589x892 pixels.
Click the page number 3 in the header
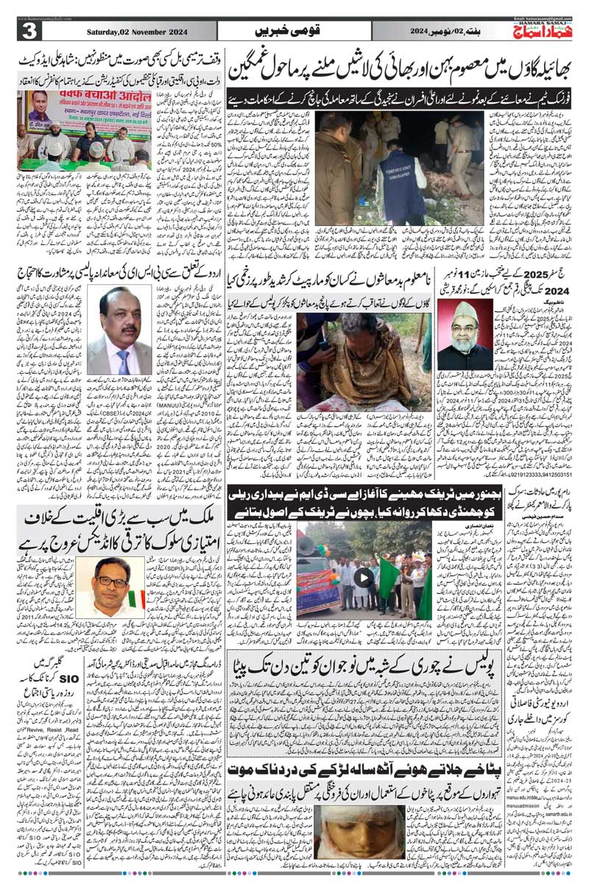(30, 32)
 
